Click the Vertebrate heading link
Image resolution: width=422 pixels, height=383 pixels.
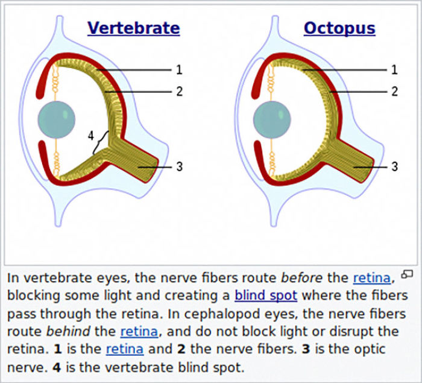pyautogui.click(x=133, y=28)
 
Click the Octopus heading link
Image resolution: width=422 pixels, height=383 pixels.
pyautogui.click(x=339, y=28)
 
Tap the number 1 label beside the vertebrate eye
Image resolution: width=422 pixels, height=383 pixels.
pyautogui.click(x=178, y=70)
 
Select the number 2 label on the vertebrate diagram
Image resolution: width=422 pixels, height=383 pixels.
pyautogui.click(x=178, y=92)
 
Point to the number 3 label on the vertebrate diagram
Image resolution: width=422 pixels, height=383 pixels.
pyautogui.click(x=178, y=166)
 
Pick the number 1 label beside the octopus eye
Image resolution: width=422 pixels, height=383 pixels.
pyautogui.click(x=394, y=70)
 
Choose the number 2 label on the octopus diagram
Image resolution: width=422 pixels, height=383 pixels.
pyautogui.click(x=394, y=92)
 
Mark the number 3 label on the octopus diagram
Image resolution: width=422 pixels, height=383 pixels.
pyautogui.click(x=394, y=166)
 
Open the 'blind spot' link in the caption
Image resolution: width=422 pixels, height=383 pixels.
pyautogui.click(x=266, y=296)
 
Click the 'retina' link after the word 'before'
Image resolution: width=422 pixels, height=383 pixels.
pyautogui.click(x=371, y=278)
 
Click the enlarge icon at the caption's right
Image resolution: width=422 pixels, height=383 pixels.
pyautogui.click(x=408, y=273)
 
